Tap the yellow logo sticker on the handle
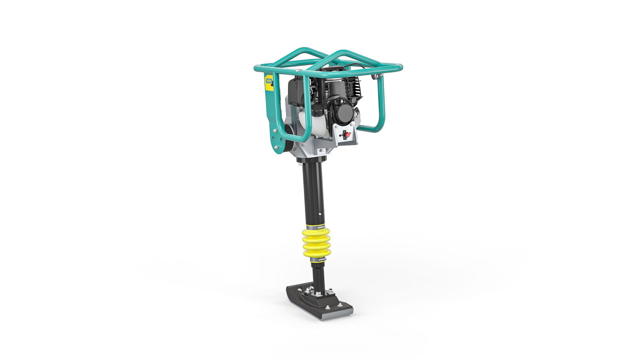tap(269, 83)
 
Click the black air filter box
tap(295, 91)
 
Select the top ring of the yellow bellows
tap(316, 232)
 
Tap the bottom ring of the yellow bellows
tap(316, 253)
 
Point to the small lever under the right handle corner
tap(376, 76)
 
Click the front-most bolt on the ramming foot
tap(327, 308)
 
